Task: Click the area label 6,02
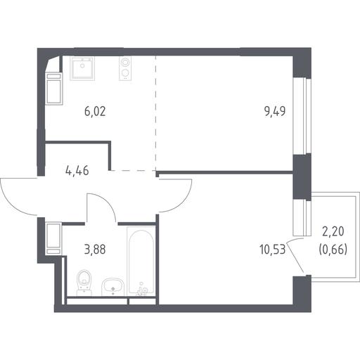[x=95, y=112]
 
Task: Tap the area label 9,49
[x=275, y=112]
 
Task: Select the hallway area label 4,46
[x=77, y=171]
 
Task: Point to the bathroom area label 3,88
[x=95, y=250]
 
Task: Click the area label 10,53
[x=272, y=250]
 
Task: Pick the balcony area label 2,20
[x=333, y=232]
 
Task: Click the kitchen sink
[x=82, y=68]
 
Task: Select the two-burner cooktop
[x=125, y=68]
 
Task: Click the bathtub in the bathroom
[x=141, y=262]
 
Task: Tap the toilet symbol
[x=84, y=283]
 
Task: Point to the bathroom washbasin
[x=112, y=287]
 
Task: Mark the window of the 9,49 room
[x=302, y=116]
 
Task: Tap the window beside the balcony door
[x=302, y=218]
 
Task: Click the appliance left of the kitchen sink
[x=54, y=89]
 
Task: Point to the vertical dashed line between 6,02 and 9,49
[x=155, y=113]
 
